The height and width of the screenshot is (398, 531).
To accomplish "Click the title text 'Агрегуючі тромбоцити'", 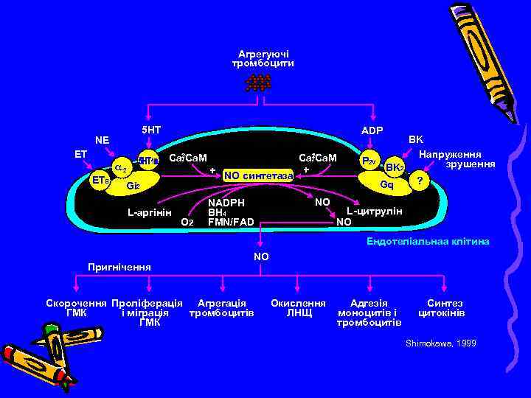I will pos(263,58).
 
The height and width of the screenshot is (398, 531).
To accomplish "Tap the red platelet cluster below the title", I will pos(258,83).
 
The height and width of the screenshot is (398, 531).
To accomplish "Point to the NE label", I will pos(102,139).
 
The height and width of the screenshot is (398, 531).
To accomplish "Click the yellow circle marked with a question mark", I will pos(420,181).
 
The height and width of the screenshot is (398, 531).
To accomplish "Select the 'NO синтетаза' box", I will pos(258,175).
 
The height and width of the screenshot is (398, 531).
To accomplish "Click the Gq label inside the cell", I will pos(386,184).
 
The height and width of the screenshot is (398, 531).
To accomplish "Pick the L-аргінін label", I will pos(149,213).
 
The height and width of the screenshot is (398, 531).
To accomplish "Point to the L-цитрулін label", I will pos(375,212).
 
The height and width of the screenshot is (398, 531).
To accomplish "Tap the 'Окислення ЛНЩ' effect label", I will pos(298,308).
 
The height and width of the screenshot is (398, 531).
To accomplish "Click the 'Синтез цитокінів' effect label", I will pos(442,308).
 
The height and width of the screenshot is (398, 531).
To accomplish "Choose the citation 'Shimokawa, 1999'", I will pos(441,343).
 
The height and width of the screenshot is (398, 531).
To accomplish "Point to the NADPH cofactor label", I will pos(226,202).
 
